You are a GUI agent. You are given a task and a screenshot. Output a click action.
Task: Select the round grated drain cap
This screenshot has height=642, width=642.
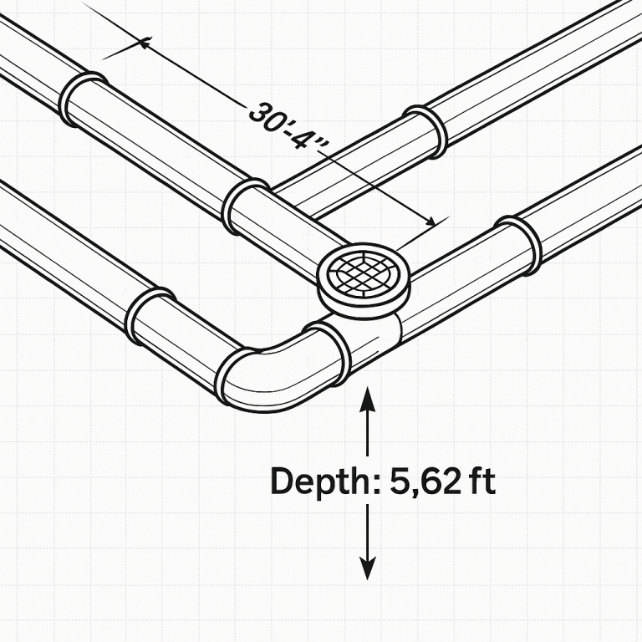click(364, 273)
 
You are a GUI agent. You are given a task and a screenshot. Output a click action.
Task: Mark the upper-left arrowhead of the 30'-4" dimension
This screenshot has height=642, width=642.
click(146, 43)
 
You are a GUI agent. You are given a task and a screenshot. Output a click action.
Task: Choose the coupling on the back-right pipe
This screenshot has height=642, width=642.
click(427, 130)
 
